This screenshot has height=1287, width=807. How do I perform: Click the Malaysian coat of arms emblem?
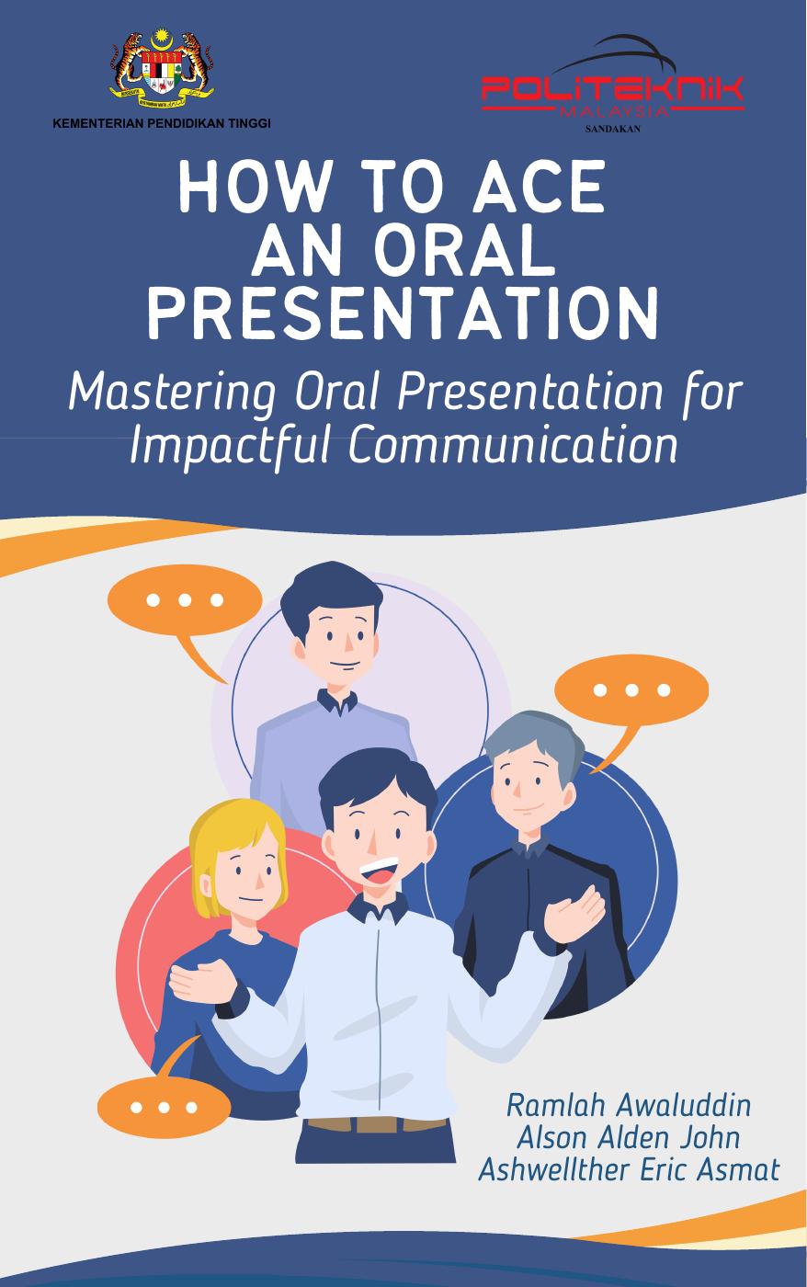pyautogui.click(x=162, y=68)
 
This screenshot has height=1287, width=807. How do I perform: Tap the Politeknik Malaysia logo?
pyautogui.click(x=613, y=87)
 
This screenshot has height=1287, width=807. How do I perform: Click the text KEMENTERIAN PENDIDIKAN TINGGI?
pyautogui.click(x=162, y=123)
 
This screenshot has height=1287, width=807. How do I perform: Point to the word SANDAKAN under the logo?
pyautogui.click(x=612, y=129)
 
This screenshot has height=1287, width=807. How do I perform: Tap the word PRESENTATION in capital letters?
pyautogui.click(x=403, y=313)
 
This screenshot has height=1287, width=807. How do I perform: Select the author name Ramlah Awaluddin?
pyautogui.click(x=629, y=1105)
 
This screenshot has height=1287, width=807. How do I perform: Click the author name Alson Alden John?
pyautogui.click(x=629, y=1137)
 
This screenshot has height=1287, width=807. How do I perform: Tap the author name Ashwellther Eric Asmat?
pyautogui.click(x=629, y=1169)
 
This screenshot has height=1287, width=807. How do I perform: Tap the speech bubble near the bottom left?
pyautogui.click(x=164, y=1106)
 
